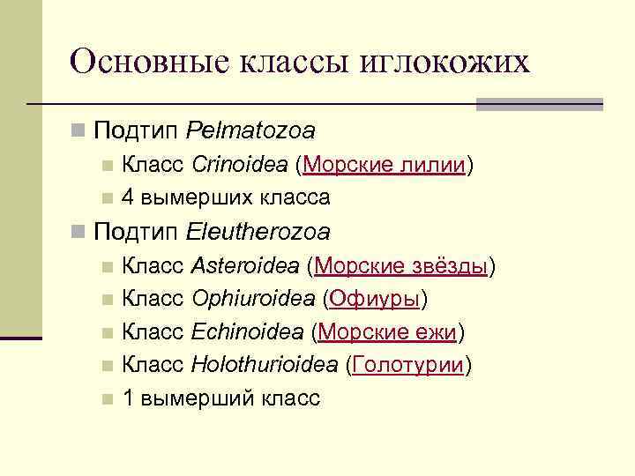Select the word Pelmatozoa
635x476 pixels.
pos(251,131)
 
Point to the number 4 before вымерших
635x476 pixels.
pos(129,197)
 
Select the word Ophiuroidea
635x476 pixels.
pos(252,299)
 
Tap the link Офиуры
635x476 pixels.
pos(374,299)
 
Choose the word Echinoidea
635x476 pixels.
pos(246,331)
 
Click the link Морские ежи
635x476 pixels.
pos(386,331)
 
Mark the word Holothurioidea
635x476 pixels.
pos(264,365)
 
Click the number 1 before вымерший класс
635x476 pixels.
pos(129,398)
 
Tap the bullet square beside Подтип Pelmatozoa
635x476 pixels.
pos(79,131)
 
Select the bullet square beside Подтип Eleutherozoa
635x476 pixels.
pos(79,232)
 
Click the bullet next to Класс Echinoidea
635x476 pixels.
pos(107,332)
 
